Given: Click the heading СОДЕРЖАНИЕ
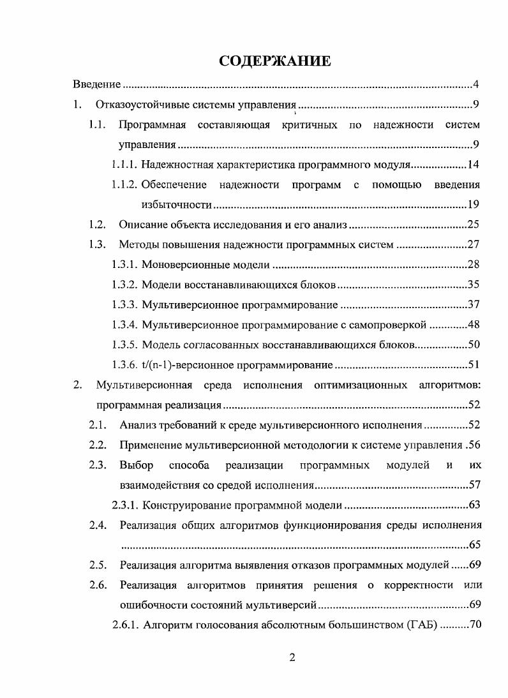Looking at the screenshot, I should [274, 61].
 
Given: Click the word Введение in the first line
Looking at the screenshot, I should [96, 85].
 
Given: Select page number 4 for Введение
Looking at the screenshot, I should [476, 85].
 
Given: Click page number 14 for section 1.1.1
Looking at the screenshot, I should [473, 165].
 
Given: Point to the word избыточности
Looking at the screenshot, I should [176, 205].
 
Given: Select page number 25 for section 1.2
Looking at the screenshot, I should [473, 225].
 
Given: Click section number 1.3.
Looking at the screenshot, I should [97, 244].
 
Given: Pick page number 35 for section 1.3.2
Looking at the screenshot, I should [473, 285].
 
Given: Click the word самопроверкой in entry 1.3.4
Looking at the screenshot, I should [389, 325].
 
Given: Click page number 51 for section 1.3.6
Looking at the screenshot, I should [473, 365].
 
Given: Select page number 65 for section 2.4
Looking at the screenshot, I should [473, 545].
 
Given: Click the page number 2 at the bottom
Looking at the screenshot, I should [292, 658].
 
